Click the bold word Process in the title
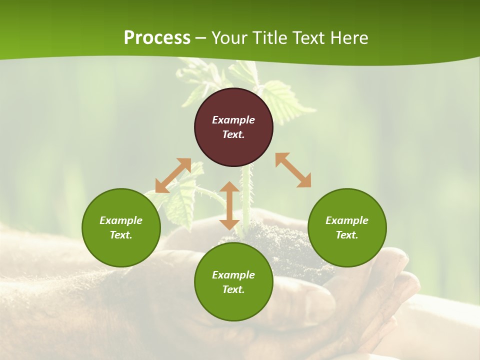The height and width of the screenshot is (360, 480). click(157, 38)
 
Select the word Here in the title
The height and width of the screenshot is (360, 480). click(348, 38)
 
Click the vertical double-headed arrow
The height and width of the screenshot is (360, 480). click(229, 205)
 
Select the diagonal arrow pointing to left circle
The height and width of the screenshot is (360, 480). click(173, 175)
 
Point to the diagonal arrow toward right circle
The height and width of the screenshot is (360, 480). click(293, 170)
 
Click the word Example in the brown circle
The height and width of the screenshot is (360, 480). click(233, 120)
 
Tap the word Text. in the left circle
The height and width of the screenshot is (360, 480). click(121, 235)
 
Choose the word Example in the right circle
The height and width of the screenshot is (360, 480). click(347, 220)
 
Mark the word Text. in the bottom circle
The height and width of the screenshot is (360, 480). click(233, 289)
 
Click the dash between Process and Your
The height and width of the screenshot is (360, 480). click(201, 38)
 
